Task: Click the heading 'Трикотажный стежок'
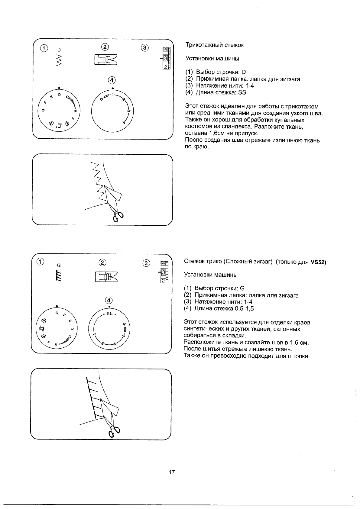[214, 45]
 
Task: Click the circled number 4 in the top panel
[112, 80]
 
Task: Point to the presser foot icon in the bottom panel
[106, 276]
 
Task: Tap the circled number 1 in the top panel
[44, 48]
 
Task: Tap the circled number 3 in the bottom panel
[146, 263]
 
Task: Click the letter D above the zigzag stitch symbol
[59, 49]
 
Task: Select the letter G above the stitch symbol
[59, 265]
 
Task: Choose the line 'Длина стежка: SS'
[216, 92]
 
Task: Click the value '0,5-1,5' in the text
[244, 308]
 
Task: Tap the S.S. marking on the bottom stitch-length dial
[109, 314]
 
